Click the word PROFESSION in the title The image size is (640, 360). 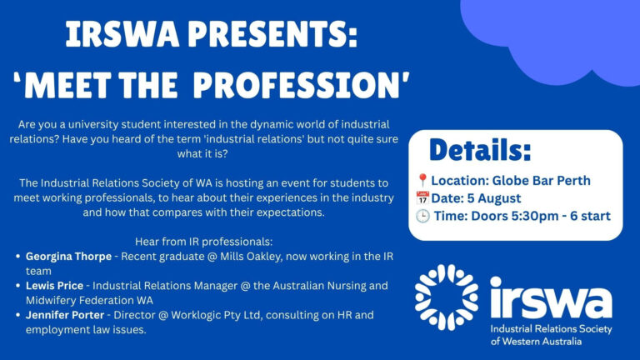click(x=301, y=85)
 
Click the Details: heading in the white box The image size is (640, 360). click(x=480, y=150)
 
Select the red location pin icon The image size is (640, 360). click(x=422, y=180)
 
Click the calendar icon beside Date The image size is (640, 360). click(x=422, y=198)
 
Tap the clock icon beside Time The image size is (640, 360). click(x=422, y=216)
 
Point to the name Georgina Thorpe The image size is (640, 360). click(x=68, y=257)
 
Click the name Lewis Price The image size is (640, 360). click(x=54, y=285)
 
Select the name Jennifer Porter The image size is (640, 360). click(x=65, y=315)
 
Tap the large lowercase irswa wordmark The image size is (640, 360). click(x=551, y=297)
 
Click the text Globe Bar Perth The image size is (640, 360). click(x=541, y=180)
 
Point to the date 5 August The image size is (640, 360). click(x=494, y=198)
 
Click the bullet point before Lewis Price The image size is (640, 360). click(x=18, y=286)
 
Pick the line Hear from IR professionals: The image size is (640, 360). click(x=203, y=242)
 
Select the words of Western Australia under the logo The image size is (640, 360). click(x=536, y=341)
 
